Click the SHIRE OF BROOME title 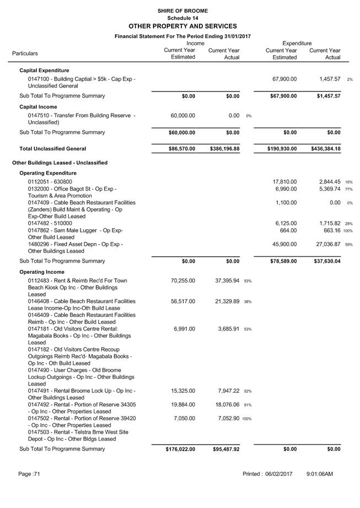pyautogui.click(x=182, y=10)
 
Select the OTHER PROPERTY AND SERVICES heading pyautogui.click(x=182, y=26)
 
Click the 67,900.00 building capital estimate pyautogui.click(x=285, y=79)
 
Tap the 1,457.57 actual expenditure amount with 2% pyautogui.click(x=330, y=79)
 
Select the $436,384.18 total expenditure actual pyautogui.click(x=325, y=149)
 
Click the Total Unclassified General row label pyautogui.click(x=52, y=149)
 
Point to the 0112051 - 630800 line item pyautogui.click(x=50, y=182)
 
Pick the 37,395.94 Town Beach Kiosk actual pyautogui.click(x=227, y=280)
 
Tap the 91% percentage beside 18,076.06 pyautogui.click(x=248, y=405)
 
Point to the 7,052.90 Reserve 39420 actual pyautogui.click(x=227, y=418)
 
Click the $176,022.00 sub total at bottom pyautogui.click(x=180, y=449)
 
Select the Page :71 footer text pyautogui.click(x=29, y=474)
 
